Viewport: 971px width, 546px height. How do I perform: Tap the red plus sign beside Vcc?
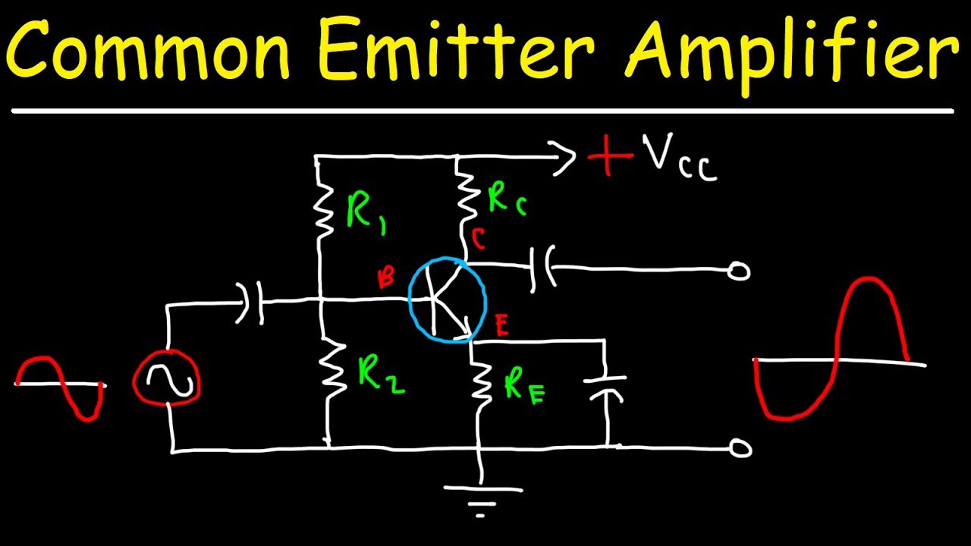[609, 157]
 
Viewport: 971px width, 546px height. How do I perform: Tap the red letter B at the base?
[386, 279]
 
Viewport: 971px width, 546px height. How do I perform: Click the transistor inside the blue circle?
[447, 299]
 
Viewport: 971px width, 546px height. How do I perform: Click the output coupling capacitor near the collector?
[543, 266]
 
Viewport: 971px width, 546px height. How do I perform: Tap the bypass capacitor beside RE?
[606, 387]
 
